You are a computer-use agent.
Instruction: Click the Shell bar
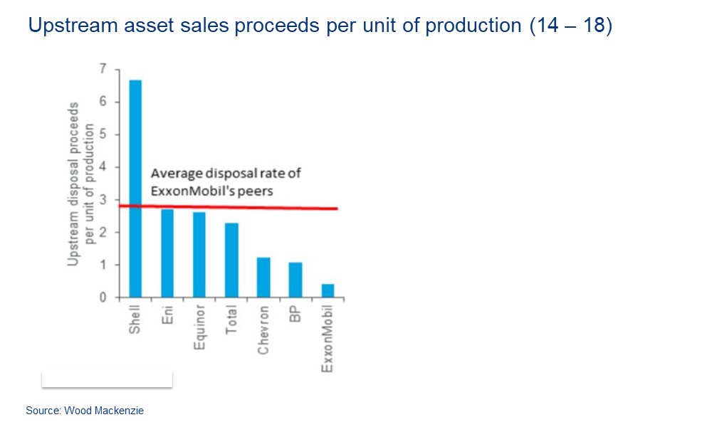(x=135, y=189)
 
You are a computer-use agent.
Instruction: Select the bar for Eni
(x=167, y=253)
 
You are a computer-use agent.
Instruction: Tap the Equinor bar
(x=199, y=255)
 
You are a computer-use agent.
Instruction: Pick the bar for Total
(x=231, y=260)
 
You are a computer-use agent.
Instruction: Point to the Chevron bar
(x=263, y=278)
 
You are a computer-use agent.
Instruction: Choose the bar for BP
(x=295, y=280)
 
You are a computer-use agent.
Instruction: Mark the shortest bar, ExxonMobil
(x=328, y=291)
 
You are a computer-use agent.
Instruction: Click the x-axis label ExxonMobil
(x=328, y=337)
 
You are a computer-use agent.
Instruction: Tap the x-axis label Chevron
(x=263, y=330)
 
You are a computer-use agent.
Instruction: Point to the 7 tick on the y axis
(x=103, y=69)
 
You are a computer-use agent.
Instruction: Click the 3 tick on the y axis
(x=103, y=200)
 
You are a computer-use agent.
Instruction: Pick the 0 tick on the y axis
(x=103, y=297)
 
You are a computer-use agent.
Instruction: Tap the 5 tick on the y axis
(x=103, y=135)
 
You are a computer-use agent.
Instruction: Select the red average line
(x=285, y=208)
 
